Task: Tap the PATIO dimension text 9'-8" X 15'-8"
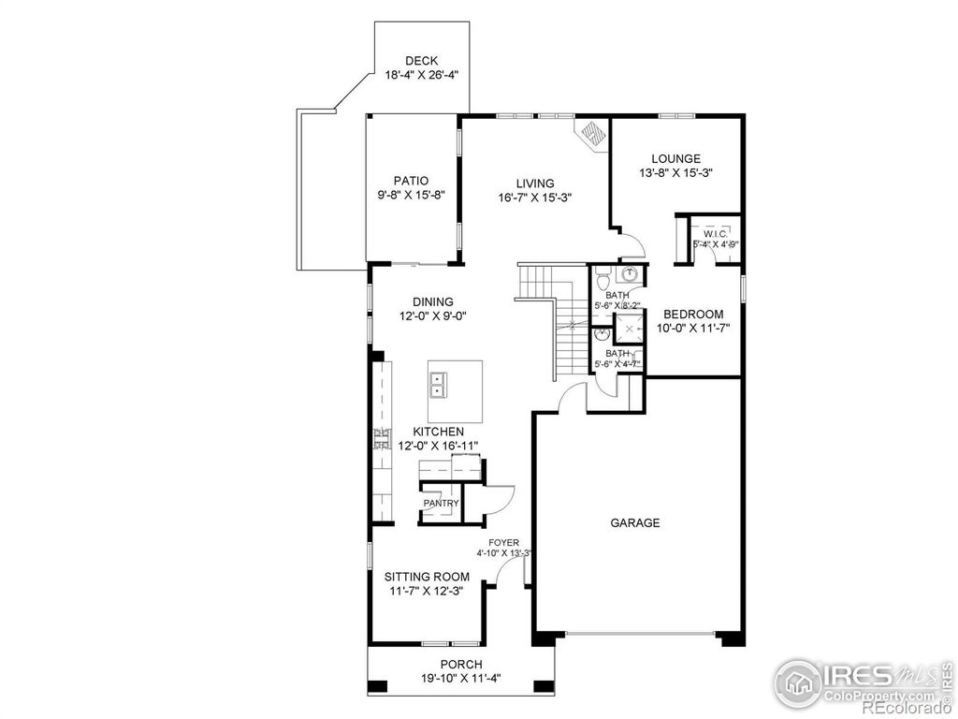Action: point(410,196)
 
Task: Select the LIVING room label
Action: point(534,183)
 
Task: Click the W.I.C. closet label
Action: point(716,233)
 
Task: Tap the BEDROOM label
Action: point(693,315)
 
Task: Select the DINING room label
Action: point(432,301)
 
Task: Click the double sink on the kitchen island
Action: point(439,384)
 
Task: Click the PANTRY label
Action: point(441,504)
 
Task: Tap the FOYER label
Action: point(503,542)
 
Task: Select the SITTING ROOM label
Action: point(426,578)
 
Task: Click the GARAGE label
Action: point(636,523)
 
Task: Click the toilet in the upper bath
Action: point(603,277)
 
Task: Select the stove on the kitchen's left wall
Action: point(381,439)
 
